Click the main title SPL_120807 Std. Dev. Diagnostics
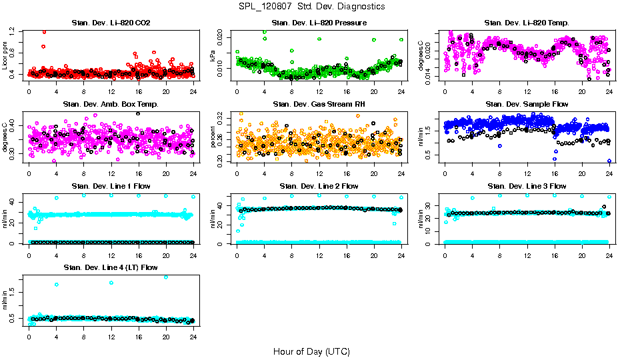(x=311, y=6)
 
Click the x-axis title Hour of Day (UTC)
(x=311, y=351)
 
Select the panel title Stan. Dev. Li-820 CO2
(x=111, y=23)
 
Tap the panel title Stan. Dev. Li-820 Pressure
(x=319, y=23)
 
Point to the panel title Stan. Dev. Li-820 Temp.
(x=527, y=23)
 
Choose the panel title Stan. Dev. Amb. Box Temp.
(x=111, y=105)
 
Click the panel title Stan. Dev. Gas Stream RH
(x=319, y=105)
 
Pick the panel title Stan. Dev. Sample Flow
(x=527, y=105)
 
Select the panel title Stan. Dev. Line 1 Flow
(x=111, y=186)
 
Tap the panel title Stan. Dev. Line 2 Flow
(x=319, y=186)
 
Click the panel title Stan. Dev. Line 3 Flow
(x=527, y=186)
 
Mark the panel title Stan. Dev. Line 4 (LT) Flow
(x=111, y=267)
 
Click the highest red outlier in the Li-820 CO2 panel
(x=44, y=31)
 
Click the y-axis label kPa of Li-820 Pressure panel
(x=213, y=57)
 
